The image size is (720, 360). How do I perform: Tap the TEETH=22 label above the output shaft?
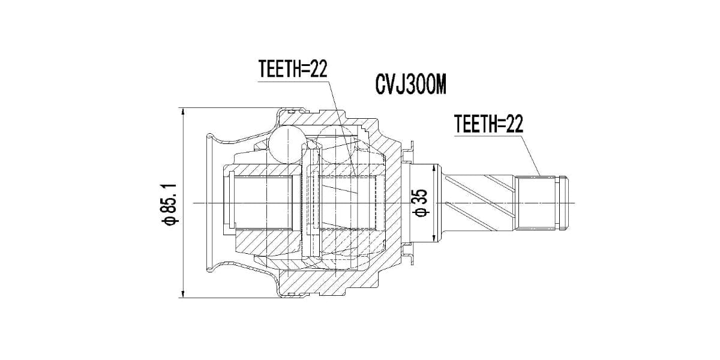pos(489,124)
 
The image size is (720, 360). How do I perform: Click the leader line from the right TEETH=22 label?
pos(531,156)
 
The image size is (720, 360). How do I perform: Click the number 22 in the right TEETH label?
pos(515,124)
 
